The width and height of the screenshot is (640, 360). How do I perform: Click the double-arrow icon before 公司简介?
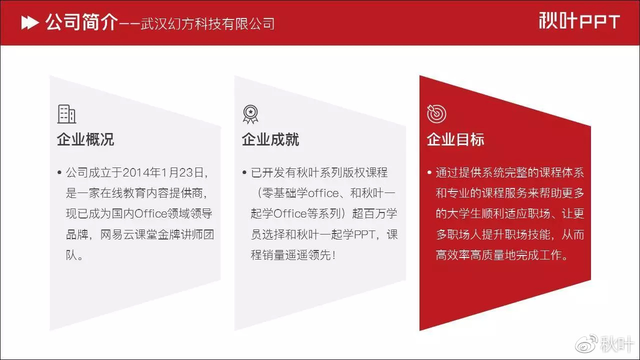(30, 23)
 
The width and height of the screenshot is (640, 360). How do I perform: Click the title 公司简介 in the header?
(81, 22)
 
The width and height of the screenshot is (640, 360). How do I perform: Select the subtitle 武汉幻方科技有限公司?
(207, 23)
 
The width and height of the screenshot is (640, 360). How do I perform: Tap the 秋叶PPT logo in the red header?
(579, 20)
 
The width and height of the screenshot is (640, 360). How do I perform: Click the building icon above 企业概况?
(66, 114)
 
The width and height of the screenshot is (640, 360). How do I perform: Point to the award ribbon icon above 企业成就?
(250, 114)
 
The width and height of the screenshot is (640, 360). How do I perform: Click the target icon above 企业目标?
(436, 113)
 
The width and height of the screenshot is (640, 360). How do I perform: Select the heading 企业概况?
(85, 139)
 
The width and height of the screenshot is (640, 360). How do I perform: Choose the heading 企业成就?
(270, 139)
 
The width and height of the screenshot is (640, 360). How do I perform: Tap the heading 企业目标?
(455, 139)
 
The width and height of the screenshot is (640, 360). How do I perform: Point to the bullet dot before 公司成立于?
(59, 172)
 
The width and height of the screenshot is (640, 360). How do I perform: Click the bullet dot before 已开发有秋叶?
(244, 172)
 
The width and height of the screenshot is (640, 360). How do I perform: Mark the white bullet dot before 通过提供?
(429, 172)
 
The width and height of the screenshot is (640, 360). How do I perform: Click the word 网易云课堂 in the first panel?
(128, 234)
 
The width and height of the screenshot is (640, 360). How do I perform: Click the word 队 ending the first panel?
(71, 255)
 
